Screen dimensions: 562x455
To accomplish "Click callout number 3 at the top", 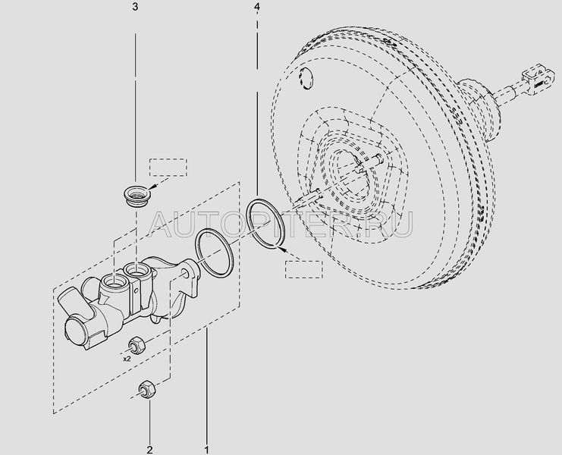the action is (x=135, y=7).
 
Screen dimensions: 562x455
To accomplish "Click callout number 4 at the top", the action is (x=256, y=7).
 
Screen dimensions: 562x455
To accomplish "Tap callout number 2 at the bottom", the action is (x=150, y=450).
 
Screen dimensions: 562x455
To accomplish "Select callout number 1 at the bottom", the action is (x=206, y=450).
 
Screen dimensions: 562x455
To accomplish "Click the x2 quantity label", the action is (x=127, y=359).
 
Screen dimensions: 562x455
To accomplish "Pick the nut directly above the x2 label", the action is (x=137, y=345).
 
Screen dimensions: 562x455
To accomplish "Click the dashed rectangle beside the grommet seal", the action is (x=168, y=168).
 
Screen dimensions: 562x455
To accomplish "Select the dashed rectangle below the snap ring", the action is (x=304, y=269).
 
